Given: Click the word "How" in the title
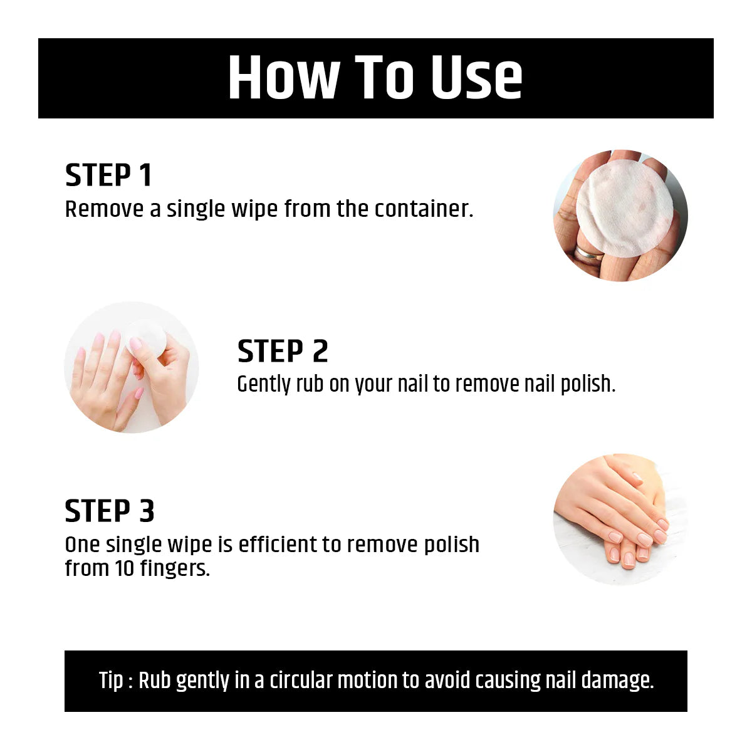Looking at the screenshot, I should point(284,78).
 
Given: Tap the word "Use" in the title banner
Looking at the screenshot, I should point(477,78).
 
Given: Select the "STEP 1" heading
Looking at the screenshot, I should point(108,175).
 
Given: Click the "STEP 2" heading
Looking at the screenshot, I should point(283,351).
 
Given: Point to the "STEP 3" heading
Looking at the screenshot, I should point(110,511).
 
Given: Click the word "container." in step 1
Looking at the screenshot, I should point(424,209).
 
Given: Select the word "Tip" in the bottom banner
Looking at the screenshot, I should point(111,681).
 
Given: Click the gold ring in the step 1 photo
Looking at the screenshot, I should point(589,255).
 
